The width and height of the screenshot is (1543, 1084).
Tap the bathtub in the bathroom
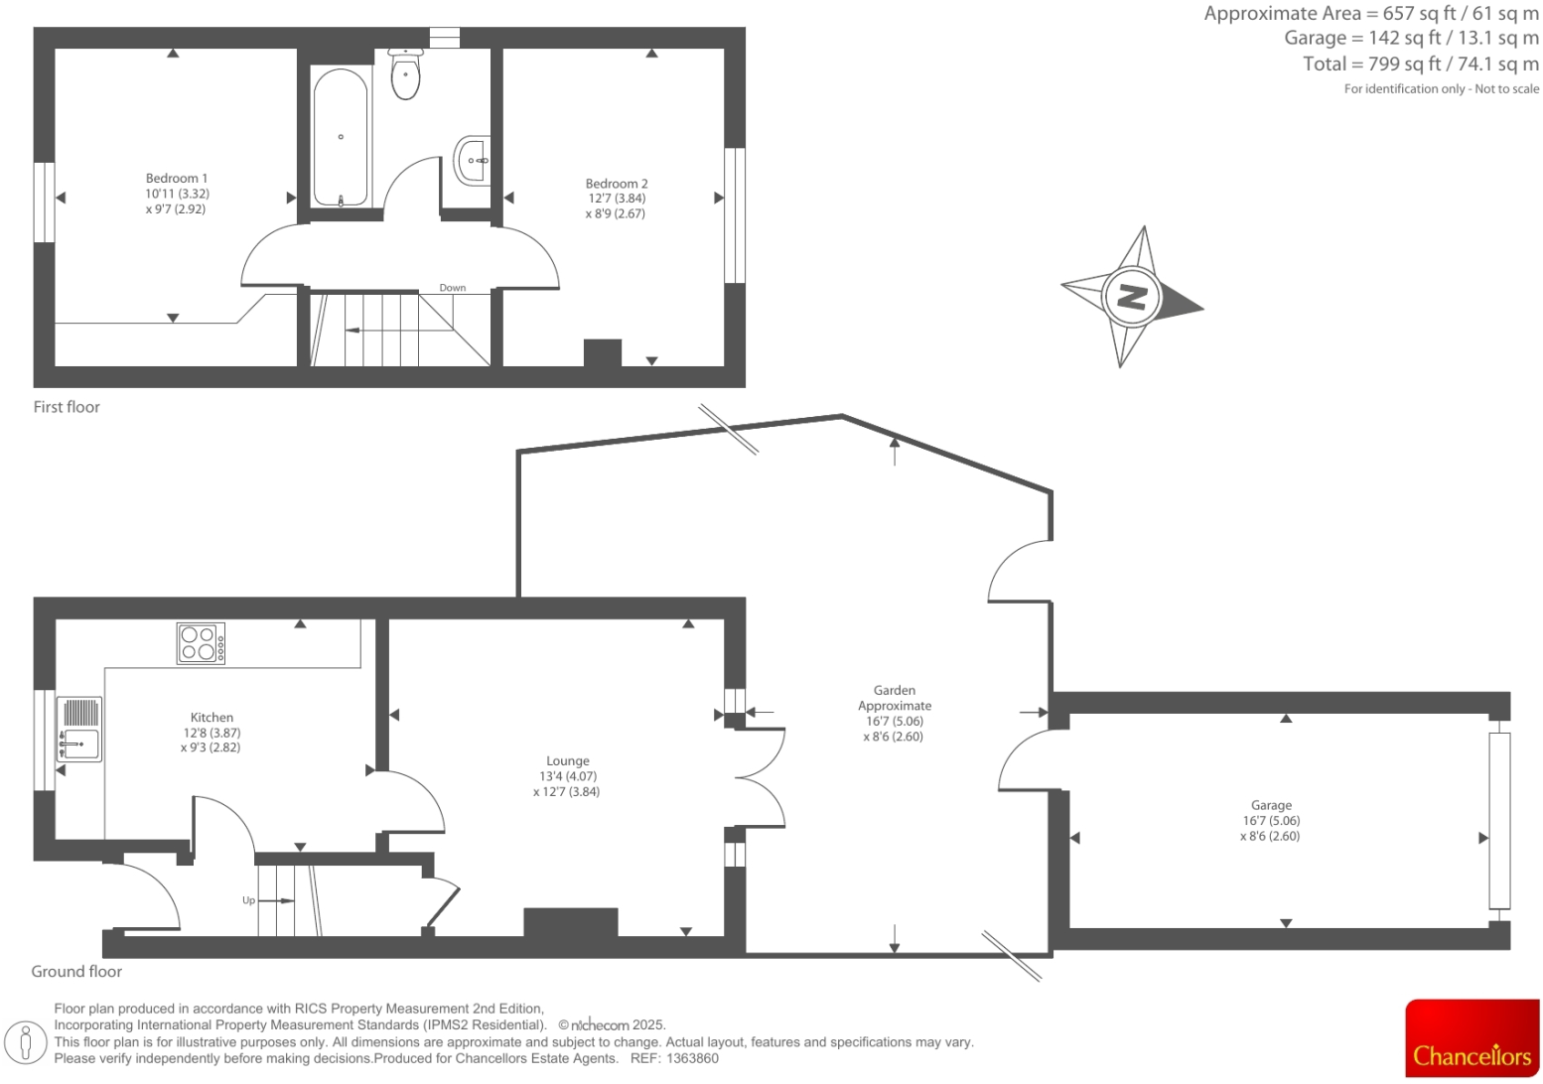coord(341,138)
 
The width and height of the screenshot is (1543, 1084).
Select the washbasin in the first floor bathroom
coord(473,160)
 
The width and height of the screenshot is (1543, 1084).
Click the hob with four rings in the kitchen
coord(201,643)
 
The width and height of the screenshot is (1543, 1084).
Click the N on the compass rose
coord(1132,296)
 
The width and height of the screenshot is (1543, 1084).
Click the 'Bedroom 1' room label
coord(177,179)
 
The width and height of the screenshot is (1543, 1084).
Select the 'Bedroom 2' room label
coord(617,184)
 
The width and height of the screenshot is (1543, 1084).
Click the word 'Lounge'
coord(567,761)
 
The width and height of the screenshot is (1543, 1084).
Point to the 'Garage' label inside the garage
coord(1271,806)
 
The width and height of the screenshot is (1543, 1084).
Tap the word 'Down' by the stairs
coord(453,288)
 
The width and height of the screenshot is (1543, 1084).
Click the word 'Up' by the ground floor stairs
coord(248,900)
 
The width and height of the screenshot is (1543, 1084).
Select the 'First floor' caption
coord(67,407)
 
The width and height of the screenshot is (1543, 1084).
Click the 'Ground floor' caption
coord(76,972)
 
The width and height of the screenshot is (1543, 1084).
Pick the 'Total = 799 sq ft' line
coord(1420,64)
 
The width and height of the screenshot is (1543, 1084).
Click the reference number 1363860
coord(692,1058)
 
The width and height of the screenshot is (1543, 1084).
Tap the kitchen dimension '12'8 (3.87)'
coord(211,733)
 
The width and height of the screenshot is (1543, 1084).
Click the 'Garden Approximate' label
coord(895,698)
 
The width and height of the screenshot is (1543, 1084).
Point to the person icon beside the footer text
coord(27,1041)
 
